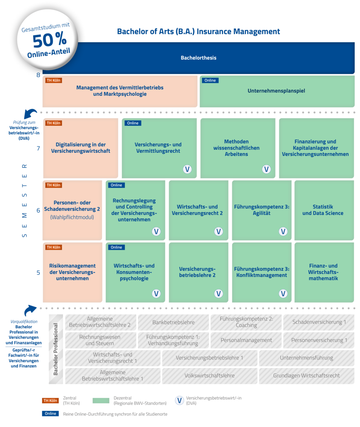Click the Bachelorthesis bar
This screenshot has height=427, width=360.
(x=198, y=58)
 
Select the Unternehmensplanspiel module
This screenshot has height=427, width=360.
(x=276, y=91)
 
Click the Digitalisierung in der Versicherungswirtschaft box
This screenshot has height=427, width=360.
(x=81, y=148)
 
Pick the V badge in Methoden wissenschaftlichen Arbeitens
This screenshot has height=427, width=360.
(x=266, y=169)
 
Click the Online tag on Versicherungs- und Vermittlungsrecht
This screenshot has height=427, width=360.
(x=133, y=123)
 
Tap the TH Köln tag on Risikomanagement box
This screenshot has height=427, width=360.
(x=53, y=247)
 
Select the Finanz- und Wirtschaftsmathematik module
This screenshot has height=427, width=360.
(x=323, y=272)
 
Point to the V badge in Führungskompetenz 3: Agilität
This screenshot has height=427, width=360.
(x=283, y=231)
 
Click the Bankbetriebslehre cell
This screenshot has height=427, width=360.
(x=174, y=322)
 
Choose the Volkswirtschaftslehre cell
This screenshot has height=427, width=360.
(x=210, y=375)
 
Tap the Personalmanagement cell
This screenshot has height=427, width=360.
(x=246, y=340)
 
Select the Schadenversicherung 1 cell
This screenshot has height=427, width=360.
(x=319, y=322)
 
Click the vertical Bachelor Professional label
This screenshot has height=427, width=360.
(x=56, y=349)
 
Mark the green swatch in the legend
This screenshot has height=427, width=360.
(x=101, y=400)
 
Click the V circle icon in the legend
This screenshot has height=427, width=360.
(x=179, y=400)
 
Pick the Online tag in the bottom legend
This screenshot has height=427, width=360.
(x=50, y=414)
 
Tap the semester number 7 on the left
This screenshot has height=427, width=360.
(x=38, y=149)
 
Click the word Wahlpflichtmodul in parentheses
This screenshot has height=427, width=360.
(x=72, y=217)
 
